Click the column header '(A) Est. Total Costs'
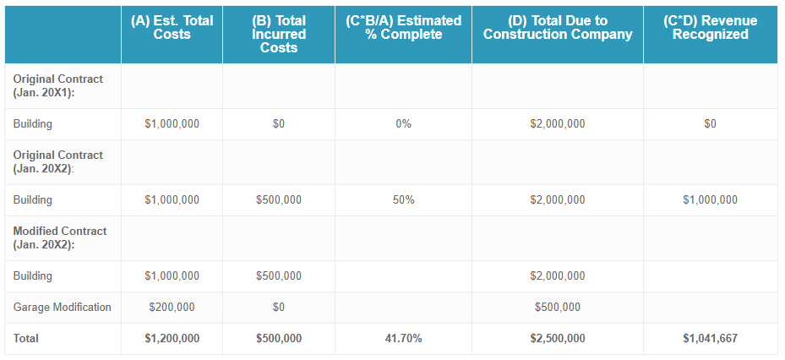click(x=172, y=27)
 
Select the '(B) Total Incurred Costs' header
click(x=279, y=34)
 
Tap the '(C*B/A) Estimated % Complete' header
click(x=404, y=27)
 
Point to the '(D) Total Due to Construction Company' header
click(x=558, y=27)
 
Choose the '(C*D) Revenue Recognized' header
click(x=710, y=27)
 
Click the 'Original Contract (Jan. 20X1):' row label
click(x=58, y=85)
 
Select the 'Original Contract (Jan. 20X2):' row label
click(x=58, y=161)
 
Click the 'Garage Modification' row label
click(x=63, y=307)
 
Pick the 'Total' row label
click(x=26, y=338)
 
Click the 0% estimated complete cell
click(x=403, y=124)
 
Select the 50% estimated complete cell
click(x=403, y=200)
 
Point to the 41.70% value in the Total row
click(x=403, y=339)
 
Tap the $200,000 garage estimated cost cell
click(x=172, y=308)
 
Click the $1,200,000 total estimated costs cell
click(x=172, y=339)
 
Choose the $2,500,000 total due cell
click(x=557, y=339)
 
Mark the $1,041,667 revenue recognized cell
click(x=710, y=339)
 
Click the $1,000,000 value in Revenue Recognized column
click(x=710, y=200)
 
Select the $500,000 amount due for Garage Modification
click(x=557, y=308)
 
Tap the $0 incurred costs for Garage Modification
click(x=279, y=308)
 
